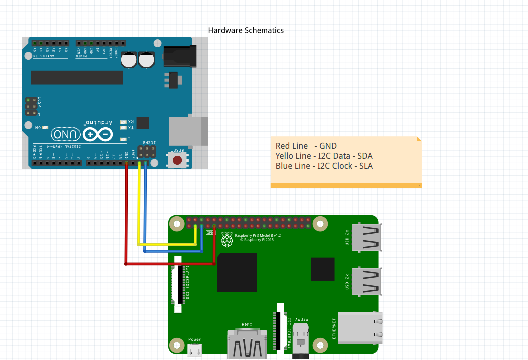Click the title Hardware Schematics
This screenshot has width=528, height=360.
click(246, 31)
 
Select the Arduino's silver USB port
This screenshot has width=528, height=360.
click(188, 131)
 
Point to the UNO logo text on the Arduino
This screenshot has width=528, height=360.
click(65, 134)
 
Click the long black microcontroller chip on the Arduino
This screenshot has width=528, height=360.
click(77, 77)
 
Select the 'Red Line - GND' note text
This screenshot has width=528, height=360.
click(306, 146)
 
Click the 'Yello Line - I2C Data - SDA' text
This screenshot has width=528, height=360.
click(324, 156)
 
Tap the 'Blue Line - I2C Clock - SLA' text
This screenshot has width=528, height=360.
click(324, 166)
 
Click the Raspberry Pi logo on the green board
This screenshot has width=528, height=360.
click(227, 239)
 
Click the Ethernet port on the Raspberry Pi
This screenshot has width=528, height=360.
click(360, 328)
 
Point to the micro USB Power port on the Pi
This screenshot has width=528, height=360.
click(195, 351)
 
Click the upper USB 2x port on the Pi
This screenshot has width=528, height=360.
click(366, 237)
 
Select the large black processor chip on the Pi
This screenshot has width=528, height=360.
click(237, 272)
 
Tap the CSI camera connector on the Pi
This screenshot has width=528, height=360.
click(280, 327)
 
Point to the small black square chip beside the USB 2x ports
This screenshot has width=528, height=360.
click(323, 269)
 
